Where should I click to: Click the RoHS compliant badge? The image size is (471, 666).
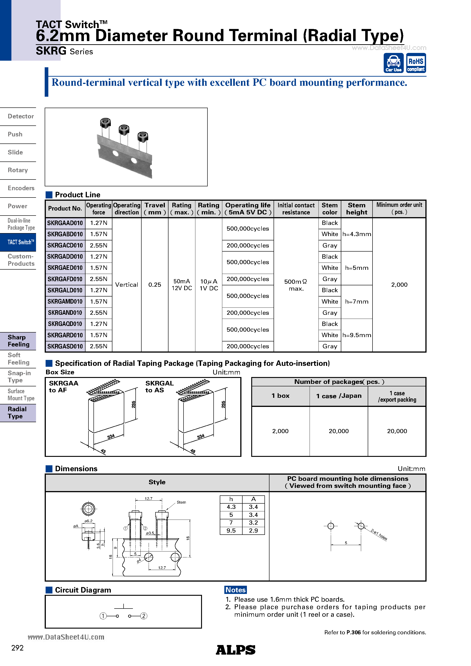[416, 63]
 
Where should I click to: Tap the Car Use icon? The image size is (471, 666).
[393, 63]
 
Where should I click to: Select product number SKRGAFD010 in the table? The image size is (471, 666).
[65, 279]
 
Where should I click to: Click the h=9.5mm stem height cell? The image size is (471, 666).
[356, 335]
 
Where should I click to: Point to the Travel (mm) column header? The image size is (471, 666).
[155, 209]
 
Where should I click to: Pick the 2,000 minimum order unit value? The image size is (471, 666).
[399, 285]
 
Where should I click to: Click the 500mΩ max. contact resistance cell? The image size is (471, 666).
[296, 285]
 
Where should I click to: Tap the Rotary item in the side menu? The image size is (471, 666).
[18, 170]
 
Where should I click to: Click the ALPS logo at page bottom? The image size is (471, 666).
[235, 650]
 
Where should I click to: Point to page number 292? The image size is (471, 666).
[17, 648]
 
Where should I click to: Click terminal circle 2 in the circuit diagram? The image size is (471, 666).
[144, 616]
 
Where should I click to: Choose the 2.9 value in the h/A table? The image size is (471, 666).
[253, 531]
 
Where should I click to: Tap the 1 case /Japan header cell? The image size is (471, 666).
[339, 396]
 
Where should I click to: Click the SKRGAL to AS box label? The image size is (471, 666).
[159, 387]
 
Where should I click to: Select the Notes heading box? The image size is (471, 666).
[235, 590]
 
